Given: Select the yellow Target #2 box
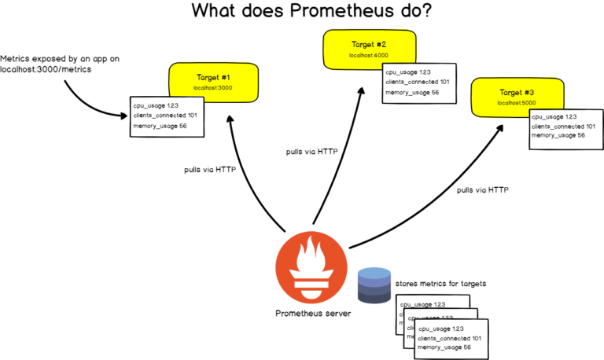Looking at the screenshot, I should (x=368, y=49).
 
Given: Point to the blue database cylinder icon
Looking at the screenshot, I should (x=374, y=285).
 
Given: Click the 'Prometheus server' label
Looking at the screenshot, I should (x=313, y=314).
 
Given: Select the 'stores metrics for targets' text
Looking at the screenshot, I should (x=440, y=283).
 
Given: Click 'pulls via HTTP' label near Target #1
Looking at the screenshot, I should (x=210, y=169).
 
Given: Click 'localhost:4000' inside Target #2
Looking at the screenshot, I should (x=369, y=55).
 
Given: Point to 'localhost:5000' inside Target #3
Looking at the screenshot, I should (x=516, y=102).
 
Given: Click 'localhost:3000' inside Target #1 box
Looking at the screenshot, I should (x=214, y=88).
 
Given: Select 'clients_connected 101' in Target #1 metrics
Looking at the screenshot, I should (x=164, y=116).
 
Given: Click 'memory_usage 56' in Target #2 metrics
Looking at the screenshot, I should (x=411, y=93).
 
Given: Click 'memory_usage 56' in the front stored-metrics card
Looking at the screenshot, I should (x=444, y=347).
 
